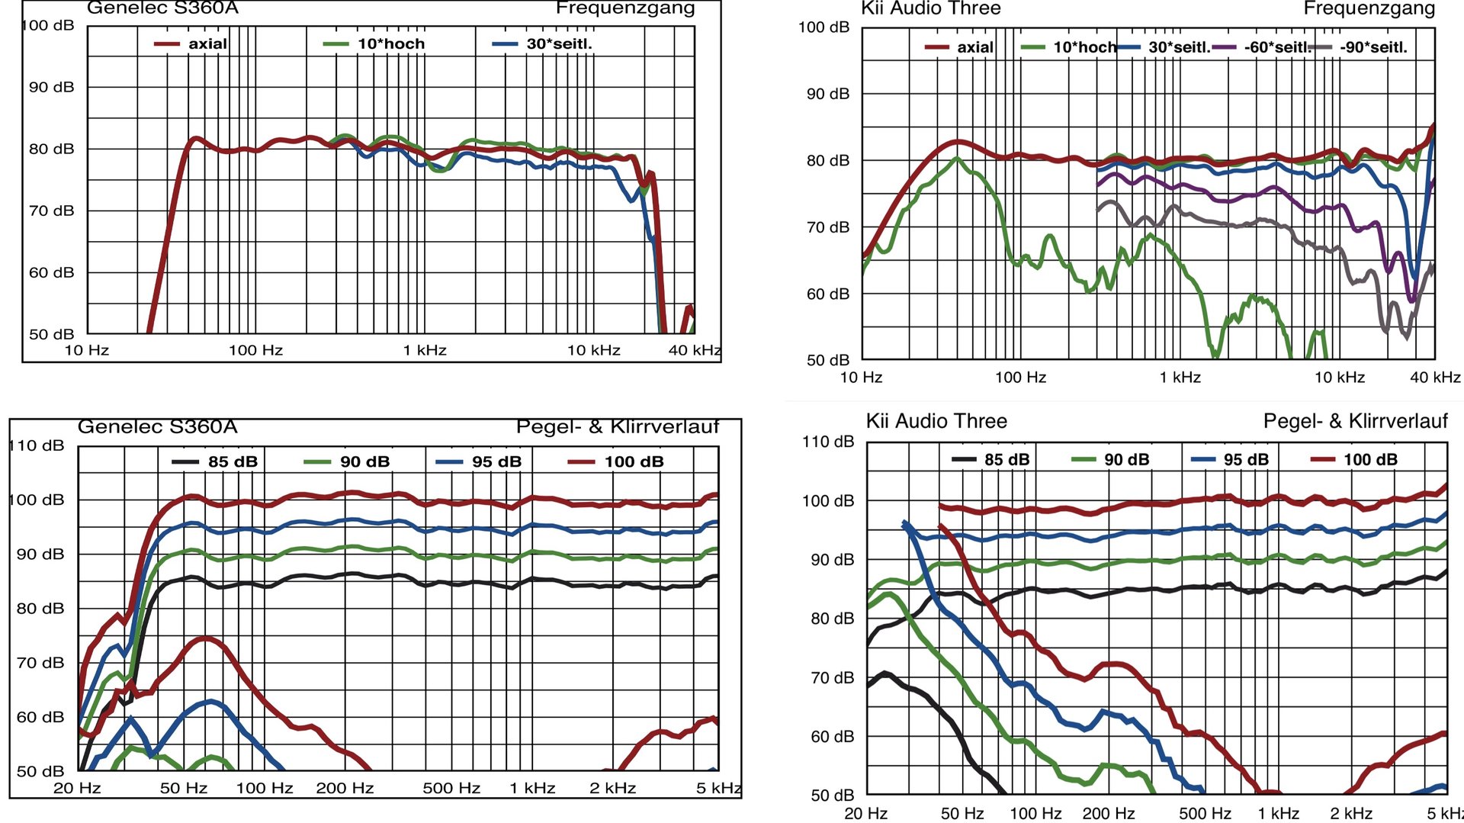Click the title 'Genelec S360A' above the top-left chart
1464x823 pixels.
pos(162,8)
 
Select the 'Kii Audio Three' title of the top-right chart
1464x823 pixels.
pos(930,9)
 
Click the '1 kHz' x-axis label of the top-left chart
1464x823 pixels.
pos(425,350)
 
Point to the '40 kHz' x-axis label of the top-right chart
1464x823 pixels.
pos(1435,377)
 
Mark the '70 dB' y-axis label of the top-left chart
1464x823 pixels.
pos(51,211)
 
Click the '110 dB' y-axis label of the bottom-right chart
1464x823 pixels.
pos(827,442)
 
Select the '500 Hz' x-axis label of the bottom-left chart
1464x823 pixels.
pos(451,788)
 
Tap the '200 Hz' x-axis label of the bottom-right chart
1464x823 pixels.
pos(1108,813)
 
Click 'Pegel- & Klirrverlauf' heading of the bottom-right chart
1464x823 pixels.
pos(1355,421)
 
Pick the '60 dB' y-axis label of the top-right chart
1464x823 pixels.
pos(827,294)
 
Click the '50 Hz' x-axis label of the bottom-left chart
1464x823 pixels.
pos(184,788)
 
